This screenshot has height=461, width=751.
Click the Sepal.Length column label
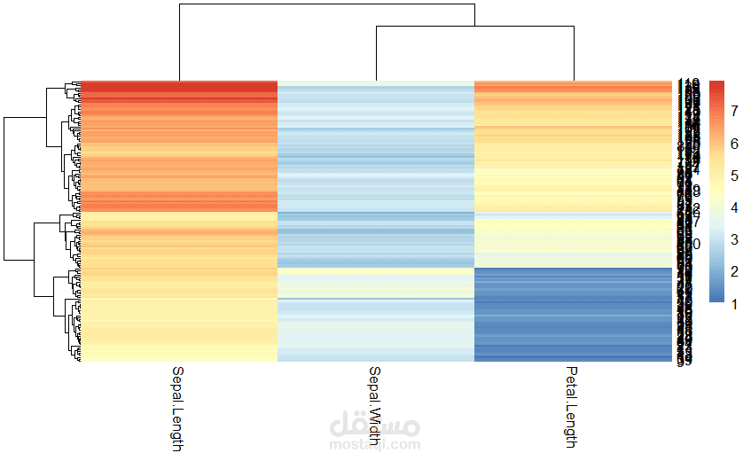tap(177, 409)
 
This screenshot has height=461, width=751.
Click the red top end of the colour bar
tap(717, 85)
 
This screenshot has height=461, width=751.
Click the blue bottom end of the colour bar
tap(717, 300)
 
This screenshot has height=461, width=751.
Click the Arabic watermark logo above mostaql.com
tap(375, 426)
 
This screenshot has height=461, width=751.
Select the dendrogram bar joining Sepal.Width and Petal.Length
tap(474, 27)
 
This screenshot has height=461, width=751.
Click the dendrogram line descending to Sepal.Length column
tap(179, 44)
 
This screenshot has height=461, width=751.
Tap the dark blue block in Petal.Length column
tap(572, 315)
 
